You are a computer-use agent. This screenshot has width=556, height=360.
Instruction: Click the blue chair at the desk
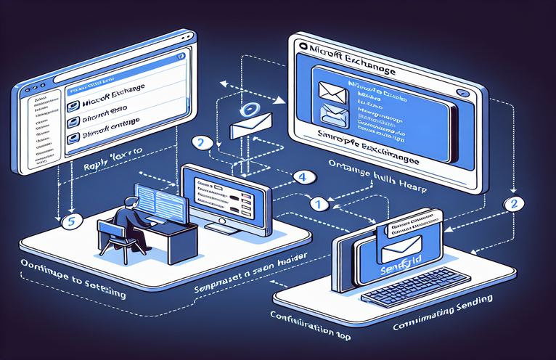(x=114, y=238)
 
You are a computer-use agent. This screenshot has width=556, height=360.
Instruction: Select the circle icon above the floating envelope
(x=249, y=110)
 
